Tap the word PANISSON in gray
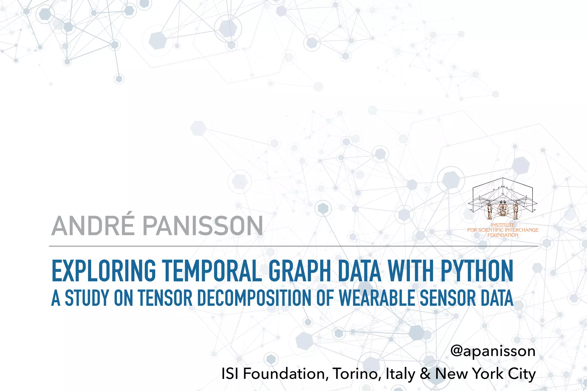click(x=203, y=226)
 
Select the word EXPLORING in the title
click(x=103, y=271)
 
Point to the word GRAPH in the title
click(x=300, y=271)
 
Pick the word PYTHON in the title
click(x=477, y=271)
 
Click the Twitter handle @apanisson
click(x=493, y=351)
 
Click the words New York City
click(x=485, y=374)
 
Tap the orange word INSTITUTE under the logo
click(x=503, y=225)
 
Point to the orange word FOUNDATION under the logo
click(x=503, y=235)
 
